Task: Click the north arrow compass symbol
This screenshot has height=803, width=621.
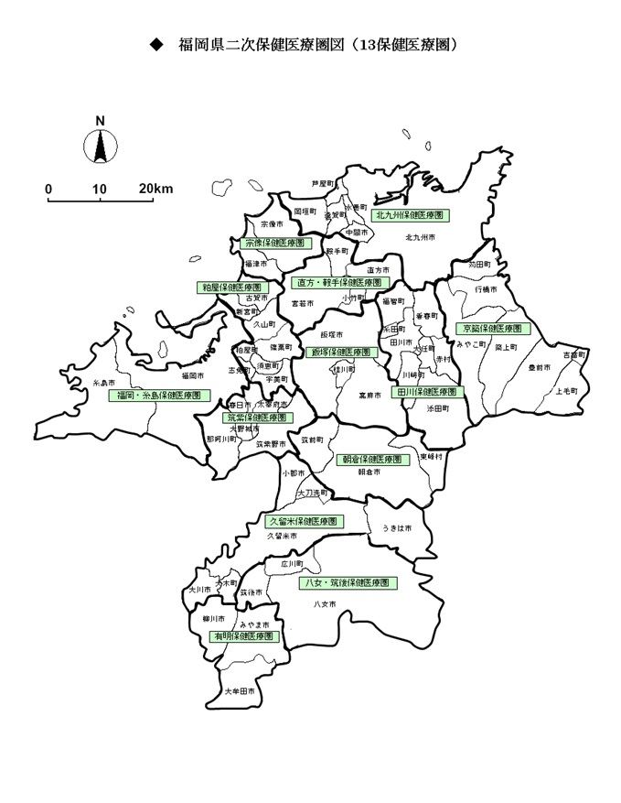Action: click(100, 145)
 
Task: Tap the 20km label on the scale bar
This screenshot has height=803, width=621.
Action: click(155, 189)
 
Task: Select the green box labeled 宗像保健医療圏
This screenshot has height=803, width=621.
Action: click(273, 244)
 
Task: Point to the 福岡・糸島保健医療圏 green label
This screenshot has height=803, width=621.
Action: click(158, 396)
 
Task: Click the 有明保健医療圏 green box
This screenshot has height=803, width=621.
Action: click(243, 635)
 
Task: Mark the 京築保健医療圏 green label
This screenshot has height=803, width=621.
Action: click(492, 328)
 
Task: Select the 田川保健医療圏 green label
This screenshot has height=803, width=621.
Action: click(427, 391)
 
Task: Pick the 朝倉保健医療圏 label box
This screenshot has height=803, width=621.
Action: click(370, 460)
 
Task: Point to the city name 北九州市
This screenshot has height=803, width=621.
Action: click(419, 237)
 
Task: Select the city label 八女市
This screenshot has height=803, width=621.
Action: click(325, 604)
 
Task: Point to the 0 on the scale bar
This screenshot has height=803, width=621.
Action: click(48, 189)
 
